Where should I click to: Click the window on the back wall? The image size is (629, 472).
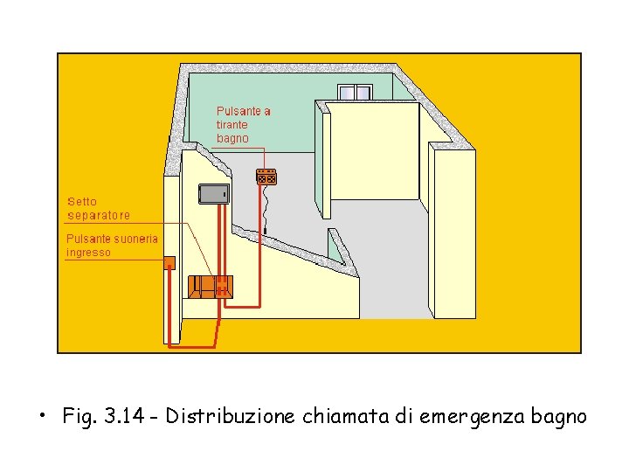[355, 93]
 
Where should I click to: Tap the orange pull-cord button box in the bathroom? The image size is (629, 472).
[266, 176]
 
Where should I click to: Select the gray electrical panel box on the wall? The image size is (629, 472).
[214, 194]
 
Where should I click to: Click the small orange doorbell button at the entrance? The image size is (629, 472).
[170, 261]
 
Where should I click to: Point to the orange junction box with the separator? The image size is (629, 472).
[211, 286]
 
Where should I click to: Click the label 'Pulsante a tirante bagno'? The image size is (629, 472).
[243, 125]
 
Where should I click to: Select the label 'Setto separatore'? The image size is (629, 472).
[99, 208]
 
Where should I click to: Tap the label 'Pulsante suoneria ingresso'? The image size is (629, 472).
[113, 245]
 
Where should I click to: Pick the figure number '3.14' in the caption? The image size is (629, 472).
[117, 416]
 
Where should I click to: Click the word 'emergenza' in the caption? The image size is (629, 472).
[467, 416]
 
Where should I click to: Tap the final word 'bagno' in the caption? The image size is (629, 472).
[556, 416]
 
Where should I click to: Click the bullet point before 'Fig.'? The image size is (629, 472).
[42, 414]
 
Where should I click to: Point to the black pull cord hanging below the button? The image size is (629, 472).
[265, 210]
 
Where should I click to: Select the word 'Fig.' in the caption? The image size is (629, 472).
[79, 416]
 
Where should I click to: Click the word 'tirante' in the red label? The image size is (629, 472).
[232, 125]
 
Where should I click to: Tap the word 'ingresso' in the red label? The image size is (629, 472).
[89, 253]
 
